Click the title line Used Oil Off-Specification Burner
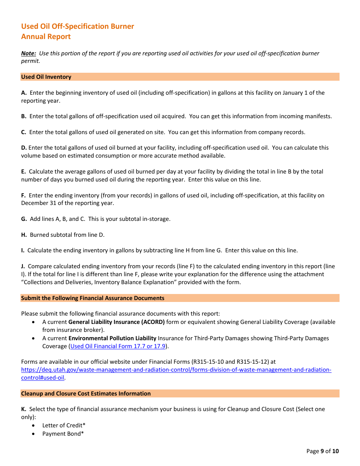(x=77, y=26)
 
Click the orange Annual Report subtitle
(x=46, y=37)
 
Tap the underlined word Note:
(x=28, y=53)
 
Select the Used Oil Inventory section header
(x=46, y=77)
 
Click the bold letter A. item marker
(x=24, y=93)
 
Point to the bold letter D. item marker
(x=24, y=148)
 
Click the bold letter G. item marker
(x=24, y=219)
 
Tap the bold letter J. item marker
(x=23, y=266)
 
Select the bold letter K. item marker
(x=24, y=409)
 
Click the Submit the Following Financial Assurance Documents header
(x=93, y=298)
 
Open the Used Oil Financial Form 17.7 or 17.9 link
(x=118, y=346)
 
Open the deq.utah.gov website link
(x=176, y=370)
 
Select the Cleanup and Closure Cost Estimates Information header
(x=86, y=394)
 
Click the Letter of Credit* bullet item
(x=64, y=425)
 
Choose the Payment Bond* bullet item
(x=63, y=434)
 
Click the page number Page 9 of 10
(x=322, y=451)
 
